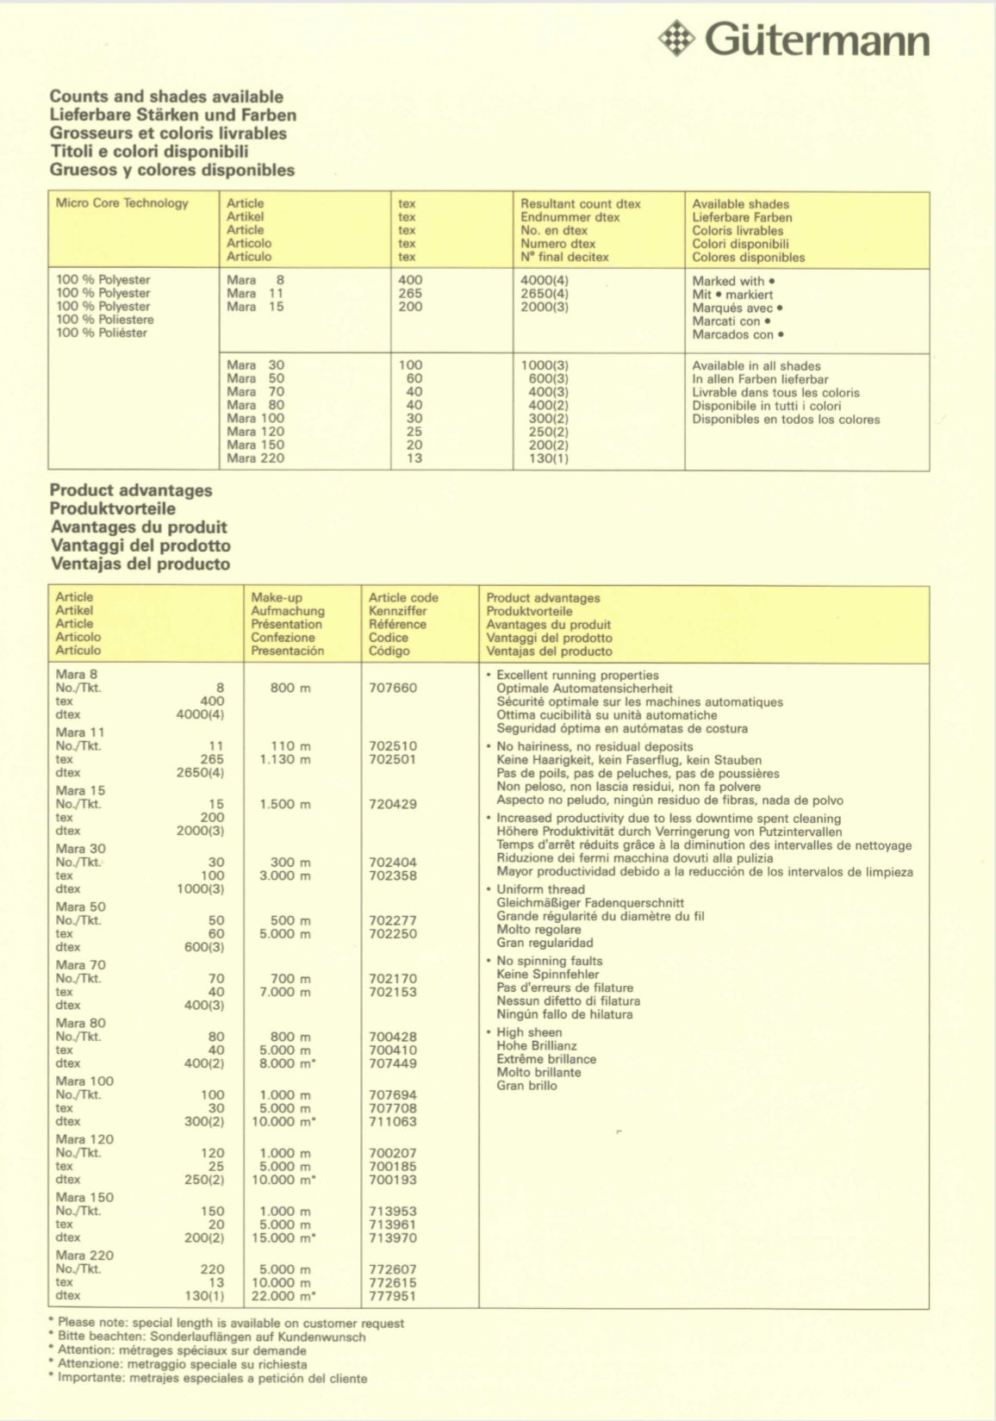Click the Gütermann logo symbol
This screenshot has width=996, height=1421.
[x=676, y=39]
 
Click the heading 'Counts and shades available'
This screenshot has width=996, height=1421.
[x=166, y=97]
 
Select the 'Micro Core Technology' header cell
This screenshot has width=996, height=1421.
[x=121, y=203]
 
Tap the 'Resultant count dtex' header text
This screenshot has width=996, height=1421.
[x=581, y=204]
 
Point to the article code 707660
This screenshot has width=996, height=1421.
[x=393, y=688]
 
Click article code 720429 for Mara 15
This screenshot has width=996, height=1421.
[x=393, y=804]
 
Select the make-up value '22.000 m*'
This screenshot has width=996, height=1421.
[x=284, y=1296]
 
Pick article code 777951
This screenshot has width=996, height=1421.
[x=393, y=1296]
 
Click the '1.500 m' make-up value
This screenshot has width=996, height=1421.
[x=285, y=804]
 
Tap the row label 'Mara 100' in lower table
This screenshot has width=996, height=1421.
[x=84, y=1081]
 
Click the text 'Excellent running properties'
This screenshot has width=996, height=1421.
[x=577, y=676]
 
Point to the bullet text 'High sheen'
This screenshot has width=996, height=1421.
[x=529, y=1032]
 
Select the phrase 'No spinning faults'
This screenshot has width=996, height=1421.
[x=550, y=961]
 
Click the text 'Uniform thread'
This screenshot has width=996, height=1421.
[x=540, y=889]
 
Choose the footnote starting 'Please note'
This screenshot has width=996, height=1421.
[x=231, y=1323]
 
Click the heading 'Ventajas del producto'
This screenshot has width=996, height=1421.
[x=140, y=564]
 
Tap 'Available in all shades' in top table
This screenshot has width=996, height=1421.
[x=756, y=366]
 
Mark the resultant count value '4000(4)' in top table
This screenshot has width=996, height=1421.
[x=545, y=280]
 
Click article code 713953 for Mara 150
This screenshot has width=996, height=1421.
[x=393, y=1211]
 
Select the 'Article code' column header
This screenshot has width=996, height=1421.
[x=403, y=598]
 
